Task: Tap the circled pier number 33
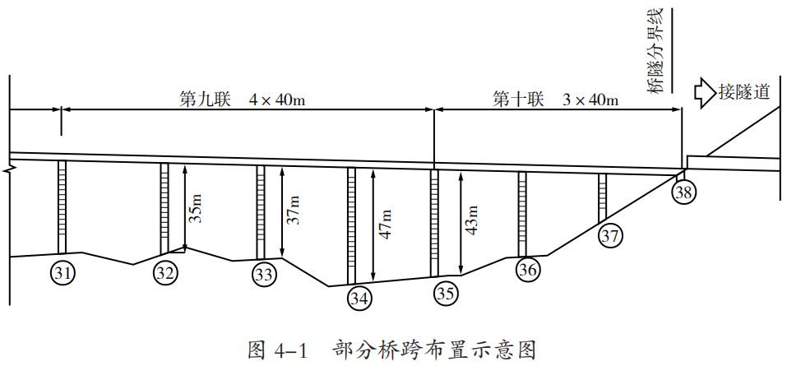point(262,275)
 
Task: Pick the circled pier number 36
point(527,268)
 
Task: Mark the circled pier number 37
point(609,235)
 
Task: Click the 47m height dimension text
point(385,224)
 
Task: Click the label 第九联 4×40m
point(243,100)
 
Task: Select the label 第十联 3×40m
point(556,100)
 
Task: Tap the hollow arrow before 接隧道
point(705,91)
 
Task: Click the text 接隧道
point(744,91)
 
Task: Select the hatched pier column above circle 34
point(352,226)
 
